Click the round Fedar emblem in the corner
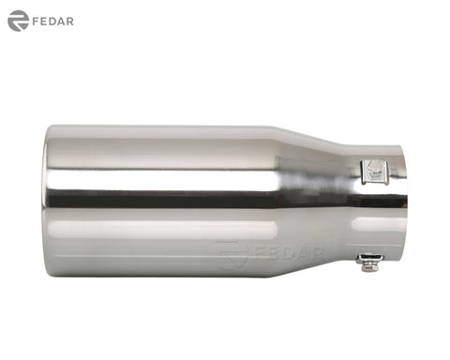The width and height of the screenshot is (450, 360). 18,21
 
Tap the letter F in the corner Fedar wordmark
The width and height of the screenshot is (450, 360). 36,22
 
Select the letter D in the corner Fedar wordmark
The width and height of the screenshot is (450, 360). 52,22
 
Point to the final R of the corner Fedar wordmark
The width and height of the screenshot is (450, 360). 70,22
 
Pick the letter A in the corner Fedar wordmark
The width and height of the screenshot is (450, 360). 61,22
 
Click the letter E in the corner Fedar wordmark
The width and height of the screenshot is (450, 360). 44,22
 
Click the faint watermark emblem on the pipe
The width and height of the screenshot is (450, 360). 230,255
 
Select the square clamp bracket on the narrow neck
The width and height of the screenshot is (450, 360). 375,172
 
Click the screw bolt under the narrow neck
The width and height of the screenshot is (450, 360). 369,262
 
